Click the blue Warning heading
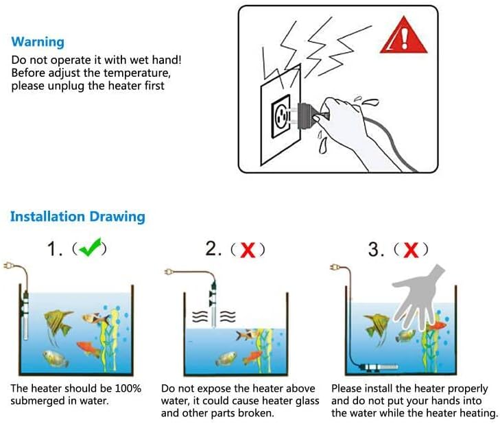tap(38, 42)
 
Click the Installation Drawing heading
tap(78, 216)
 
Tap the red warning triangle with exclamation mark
tap(403, 36)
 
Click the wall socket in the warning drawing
tap(281, 117)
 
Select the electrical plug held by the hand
tap(308, 115)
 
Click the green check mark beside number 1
tap(90, 247)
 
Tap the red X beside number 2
tap(248, 250)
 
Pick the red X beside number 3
tap(411, 250)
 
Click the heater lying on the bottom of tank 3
tap(379, 367)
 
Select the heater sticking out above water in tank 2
tap(213, 304)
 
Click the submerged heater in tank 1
tap(25, 315)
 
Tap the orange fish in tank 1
tap(89, 349)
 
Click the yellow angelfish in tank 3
tap(378, 327)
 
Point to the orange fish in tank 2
tap(253, 357)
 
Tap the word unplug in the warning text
tap(66, 86)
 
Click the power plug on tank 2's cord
tap(169, 272)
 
